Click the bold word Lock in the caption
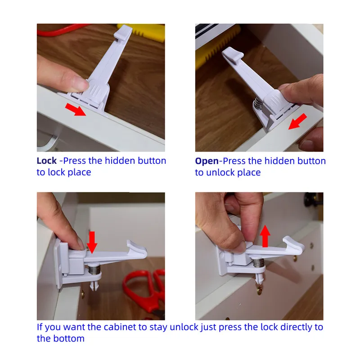tap(47, 161)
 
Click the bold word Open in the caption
tap(207, 161)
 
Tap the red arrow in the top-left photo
tap(76, 109)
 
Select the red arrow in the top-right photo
tap(297, 121)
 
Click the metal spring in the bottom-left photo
tap(94, 269)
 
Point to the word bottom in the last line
tap(69, 339)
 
